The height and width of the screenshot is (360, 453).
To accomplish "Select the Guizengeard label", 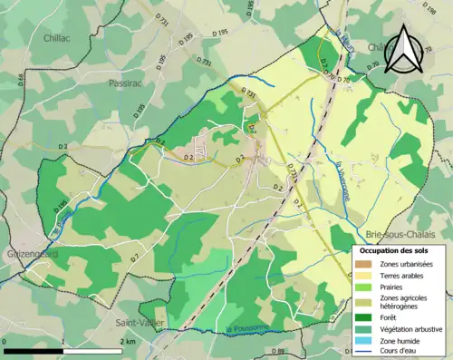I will [31, 255].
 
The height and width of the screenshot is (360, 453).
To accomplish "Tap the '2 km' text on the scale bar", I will [128, 341].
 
